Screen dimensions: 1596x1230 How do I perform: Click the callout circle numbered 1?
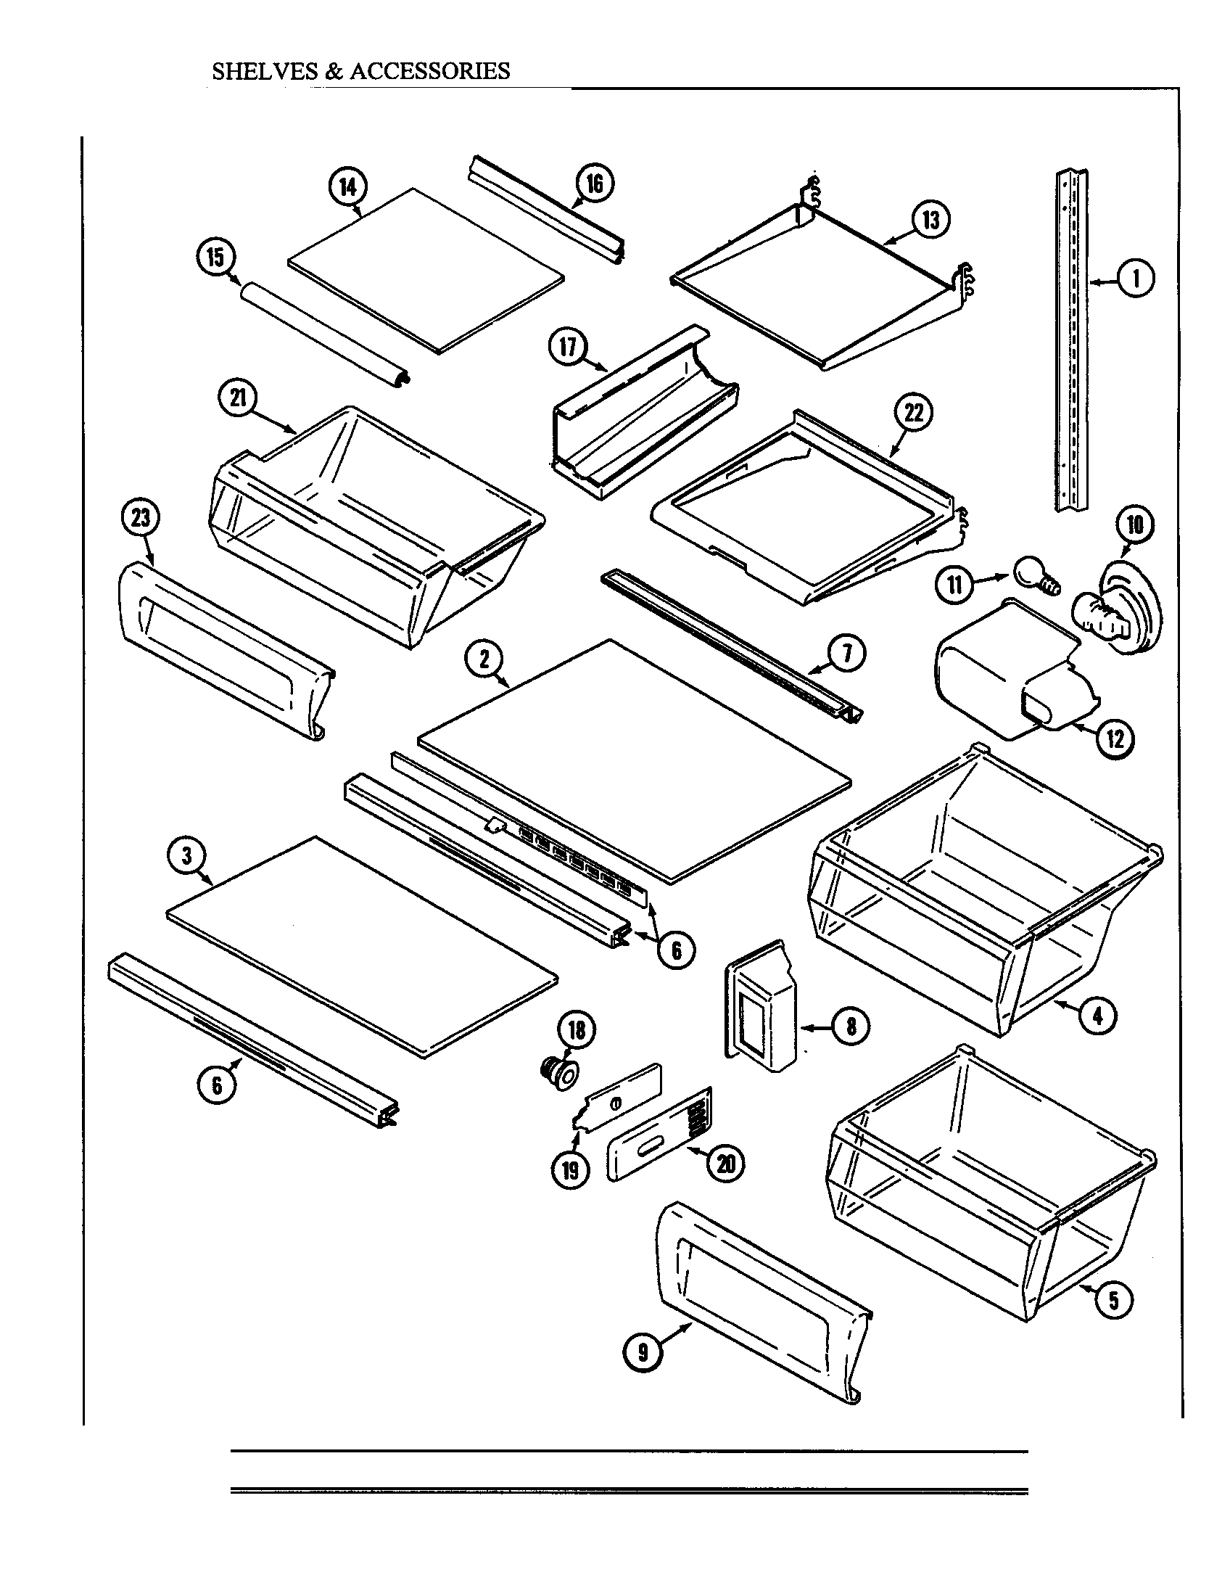(x=1136, y=279)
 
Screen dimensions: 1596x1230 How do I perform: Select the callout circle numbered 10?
(x=1134, y=525)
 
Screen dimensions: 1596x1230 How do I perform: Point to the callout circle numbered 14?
(x=347, y=187)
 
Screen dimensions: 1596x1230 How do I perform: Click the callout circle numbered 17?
(x=568, y=347)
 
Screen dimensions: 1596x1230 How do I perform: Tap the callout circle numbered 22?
(x=914, y=414)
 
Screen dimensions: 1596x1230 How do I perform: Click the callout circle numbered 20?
(x=726, y=1163)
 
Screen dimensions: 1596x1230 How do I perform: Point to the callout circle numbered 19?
(x=571, y=1170)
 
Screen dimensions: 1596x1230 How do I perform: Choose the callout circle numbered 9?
(x=642, y=1352)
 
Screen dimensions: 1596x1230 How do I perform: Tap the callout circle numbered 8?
(x=851, y=1027)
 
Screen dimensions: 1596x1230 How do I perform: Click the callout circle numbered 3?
(x=187, y=855)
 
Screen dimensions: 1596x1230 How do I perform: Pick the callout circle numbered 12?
(x=1115, y=739)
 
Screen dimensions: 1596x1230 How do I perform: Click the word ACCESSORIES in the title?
(x=429, y=71)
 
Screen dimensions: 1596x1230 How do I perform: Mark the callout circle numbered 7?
(x=846, y=654)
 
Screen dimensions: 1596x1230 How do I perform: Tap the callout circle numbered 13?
(x=930, y=219)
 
